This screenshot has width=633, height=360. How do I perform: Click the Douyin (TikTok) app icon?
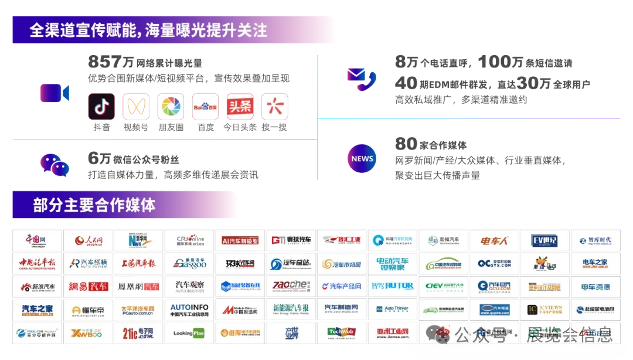click(x=102, y=107)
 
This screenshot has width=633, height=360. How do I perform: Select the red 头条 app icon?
click(x=240, y=107)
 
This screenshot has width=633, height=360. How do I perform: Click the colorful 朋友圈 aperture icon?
click(x=171, y=107)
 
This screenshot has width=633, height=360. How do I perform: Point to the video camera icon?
click(x=55, y=93)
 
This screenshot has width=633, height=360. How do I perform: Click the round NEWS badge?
click(x=362, y=158)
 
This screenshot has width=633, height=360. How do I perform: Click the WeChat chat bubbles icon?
click(x=54, y=165)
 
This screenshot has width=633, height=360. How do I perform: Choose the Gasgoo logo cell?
click(x=189, y=263)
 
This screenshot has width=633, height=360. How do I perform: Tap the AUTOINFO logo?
click(x=189, y=310)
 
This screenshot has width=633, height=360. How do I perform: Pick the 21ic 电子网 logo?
click(x=138, y=332)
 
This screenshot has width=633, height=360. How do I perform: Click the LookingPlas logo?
click(x=189, y=332)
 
